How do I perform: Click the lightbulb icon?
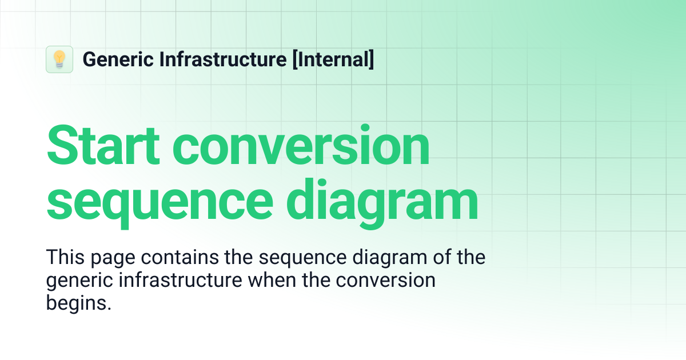[x=59, y=59]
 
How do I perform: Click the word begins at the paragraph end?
[x=78, y=303]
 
